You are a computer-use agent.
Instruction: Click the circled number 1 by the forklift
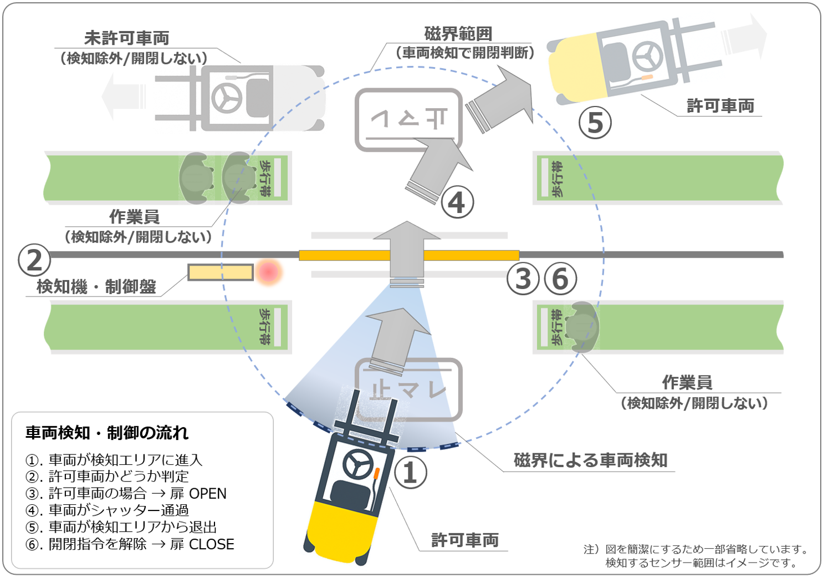(410, 473)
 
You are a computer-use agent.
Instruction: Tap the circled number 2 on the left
(34, 260)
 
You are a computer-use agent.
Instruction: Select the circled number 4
(457, 203)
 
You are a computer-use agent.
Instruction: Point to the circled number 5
(595, 123)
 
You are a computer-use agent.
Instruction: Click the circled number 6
(560, 279)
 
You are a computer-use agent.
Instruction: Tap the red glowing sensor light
(269, 272)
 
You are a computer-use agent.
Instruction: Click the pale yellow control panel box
(221, 272)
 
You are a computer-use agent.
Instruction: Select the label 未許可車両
(127, 38)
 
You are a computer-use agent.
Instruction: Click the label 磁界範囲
(458, 34)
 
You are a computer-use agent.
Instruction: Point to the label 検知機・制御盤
(96, 287)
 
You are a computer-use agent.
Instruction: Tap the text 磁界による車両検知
(590, 460)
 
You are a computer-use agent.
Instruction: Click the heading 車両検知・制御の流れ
(107, 433)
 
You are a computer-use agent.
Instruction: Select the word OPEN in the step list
(208, 493)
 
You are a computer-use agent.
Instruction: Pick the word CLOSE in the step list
(212, 544)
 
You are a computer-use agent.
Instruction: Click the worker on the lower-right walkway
(582, 327)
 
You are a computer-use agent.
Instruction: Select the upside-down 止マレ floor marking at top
(409, 119)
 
